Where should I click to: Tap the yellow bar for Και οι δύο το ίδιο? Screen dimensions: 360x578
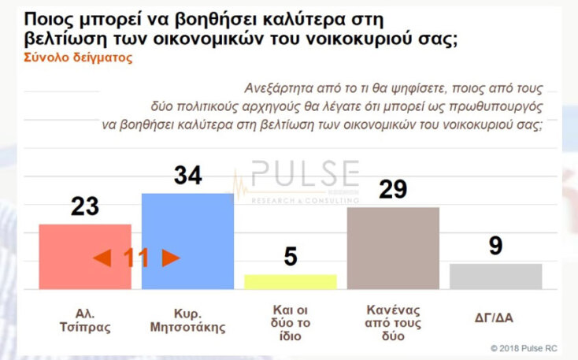291,282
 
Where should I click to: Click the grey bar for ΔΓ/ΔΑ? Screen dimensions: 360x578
495,276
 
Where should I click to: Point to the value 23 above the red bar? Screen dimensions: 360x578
85,206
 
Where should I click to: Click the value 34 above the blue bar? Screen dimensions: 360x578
187,176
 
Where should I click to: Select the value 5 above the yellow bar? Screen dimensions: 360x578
291,257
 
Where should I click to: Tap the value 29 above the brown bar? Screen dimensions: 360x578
392,190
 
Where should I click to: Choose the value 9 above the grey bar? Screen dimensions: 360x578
495,247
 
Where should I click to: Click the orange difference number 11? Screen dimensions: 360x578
136,258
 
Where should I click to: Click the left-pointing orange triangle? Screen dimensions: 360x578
102,258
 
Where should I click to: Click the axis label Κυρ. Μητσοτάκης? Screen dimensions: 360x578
187,317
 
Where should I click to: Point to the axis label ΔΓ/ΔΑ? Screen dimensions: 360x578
495,316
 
